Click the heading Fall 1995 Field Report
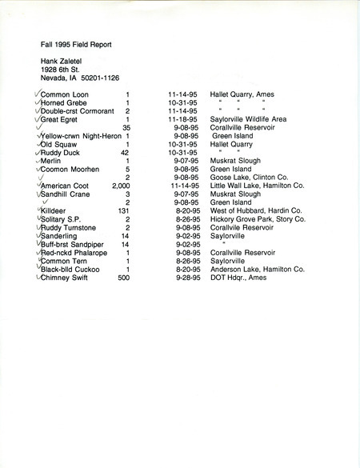(x=76, y=45)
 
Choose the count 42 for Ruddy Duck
(x=125, y=153)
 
